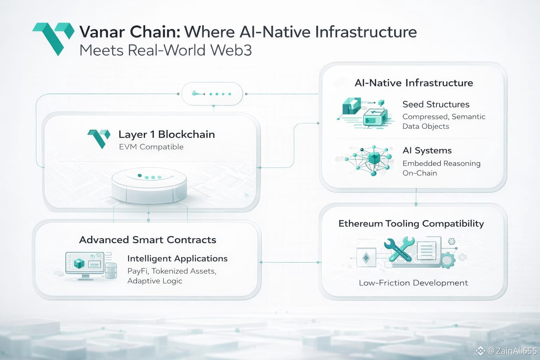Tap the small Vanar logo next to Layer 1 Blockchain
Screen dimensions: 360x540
(99, 138)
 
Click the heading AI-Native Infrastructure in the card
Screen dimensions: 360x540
(413, 83)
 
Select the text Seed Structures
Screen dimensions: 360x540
(436, 104)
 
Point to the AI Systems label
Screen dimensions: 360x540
(427, 150)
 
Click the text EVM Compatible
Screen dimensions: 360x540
(151, 147)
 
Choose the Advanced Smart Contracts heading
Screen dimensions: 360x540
(148, 240)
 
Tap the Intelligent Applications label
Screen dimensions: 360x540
(177, 259)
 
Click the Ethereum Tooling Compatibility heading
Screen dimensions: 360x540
(411, 224)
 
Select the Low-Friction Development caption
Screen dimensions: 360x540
(413, 283)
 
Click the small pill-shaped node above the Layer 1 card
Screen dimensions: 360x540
(212, 94)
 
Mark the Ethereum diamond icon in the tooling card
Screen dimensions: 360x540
(366, 258)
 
